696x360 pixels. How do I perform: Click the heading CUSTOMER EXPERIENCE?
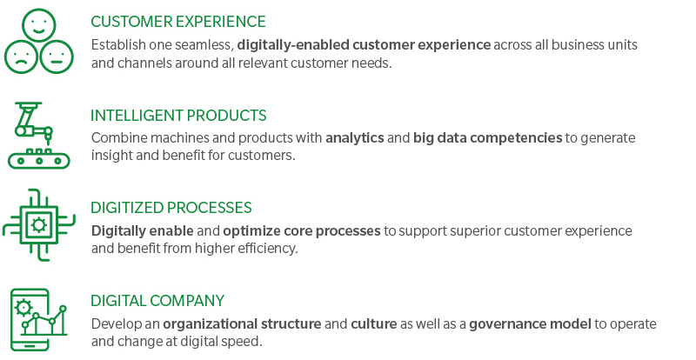(x=178, y=22)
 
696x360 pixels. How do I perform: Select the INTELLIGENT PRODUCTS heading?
(x=178, y=116)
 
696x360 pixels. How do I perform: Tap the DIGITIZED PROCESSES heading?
(x=171, y=208)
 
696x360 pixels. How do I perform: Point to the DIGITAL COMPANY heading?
(x=157, y=301)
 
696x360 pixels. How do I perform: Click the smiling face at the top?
(x=38, y=25)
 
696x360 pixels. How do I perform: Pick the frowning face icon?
(x=21, y=57)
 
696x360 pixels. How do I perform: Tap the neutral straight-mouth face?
(x=57, y=57)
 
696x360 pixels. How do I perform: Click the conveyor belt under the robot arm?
(x=39, y=159)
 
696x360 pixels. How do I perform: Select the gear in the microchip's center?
(x=39, y=225)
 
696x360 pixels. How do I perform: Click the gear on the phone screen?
(x=23, y=307)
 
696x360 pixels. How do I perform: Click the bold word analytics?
(x=355, y=138)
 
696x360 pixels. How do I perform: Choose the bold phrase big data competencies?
(x=488, y=138)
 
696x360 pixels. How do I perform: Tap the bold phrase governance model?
(x=530, y=324)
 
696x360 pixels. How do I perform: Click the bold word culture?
(x=374, y=324)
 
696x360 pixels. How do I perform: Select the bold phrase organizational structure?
(x=242, y=324)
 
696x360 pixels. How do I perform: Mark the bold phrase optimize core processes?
(x=302, y=231)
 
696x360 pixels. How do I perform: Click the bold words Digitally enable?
(x=143, y=231)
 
